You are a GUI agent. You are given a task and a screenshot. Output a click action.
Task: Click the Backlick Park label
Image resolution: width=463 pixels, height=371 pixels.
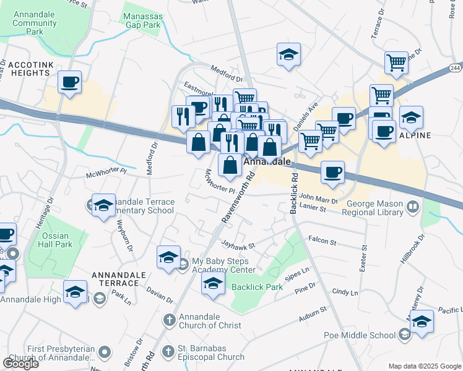coord(257,287)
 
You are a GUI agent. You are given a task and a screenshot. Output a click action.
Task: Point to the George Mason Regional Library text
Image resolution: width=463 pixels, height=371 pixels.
coord(376,207)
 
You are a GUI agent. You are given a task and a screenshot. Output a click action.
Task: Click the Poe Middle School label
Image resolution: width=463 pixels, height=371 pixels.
coord(360,335)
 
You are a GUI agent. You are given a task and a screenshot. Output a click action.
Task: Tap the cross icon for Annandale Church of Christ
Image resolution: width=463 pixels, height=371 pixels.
coord(169,320)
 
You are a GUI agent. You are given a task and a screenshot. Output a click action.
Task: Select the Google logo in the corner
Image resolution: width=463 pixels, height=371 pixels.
coord(20,364)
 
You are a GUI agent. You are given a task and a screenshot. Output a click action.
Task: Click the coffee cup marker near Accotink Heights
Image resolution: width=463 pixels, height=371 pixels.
coord(70,82)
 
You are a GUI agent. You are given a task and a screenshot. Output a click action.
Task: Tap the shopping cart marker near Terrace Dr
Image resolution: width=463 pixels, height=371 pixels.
coord(396,62)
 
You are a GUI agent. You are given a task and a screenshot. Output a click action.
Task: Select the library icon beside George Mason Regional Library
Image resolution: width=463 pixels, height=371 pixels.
coord(413,207)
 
